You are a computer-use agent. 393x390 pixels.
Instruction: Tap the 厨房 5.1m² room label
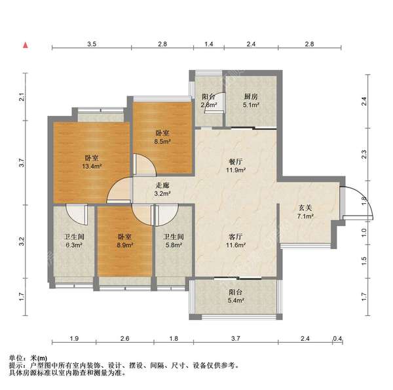[251, 100]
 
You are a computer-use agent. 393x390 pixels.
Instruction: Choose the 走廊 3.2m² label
[162, 189]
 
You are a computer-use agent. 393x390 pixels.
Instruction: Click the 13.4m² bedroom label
[92, 161]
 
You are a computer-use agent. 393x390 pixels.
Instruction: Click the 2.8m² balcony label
[209, 100]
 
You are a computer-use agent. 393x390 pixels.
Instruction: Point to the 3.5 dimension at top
[92, 43]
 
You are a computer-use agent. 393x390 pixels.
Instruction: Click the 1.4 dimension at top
[209, 43]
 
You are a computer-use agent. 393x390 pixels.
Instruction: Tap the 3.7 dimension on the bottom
[235, 339]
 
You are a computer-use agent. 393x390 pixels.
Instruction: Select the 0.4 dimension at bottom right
[337, 339]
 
